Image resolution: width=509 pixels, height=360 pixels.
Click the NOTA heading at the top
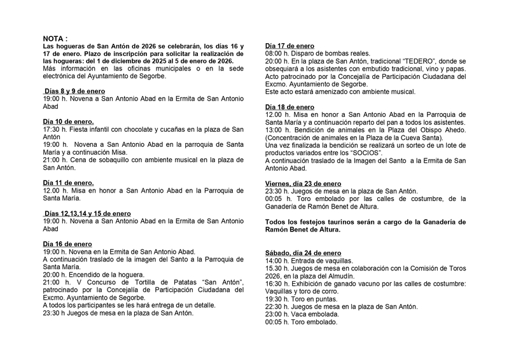tap(56, 39)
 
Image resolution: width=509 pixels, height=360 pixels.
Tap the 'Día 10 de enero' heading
tap(68, 121)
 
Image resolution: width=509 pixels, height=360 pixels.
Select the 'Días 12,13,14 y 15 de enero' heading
tap(88, 213)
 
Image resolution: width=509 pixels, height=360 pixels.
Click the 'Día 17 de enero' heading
tap(289, 46)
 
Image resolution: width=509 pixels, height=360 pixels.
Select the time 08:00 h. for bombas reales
tap(278, 54)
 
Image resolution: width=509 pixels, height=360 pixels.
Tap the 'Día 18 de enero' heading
tap(289, 107)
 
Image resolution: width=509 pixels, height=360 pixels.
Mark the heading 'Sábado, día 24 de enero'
tap(303, 253)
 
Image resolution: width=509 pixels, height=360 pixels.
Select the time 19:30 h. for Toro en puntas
tap(278, 299)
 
